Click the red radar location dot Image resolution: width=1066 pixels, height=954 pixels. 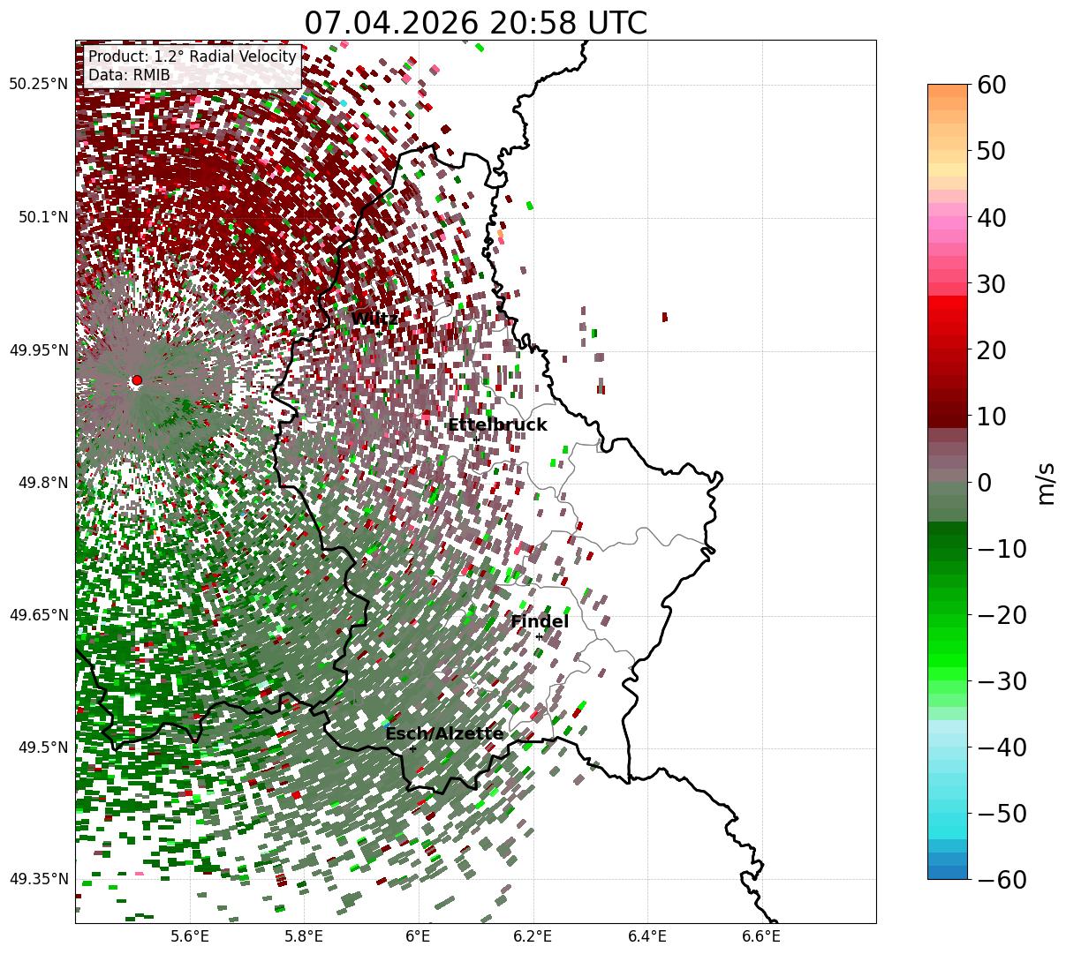click(x=137, y=380)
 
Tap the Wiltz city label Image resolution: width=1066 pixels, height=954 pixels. click(x=374, y=319)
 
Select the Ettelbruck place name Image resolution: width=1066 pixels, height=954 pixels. click(x=497, y=424)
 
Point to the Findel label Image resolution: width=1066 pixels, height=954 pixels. click(x=540, y=621)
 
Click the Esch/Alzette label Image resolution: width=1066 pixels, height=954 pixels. click(x=444, y=733)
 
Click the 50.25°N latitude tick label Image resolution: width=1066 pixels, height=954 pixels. click(x=38, y=84)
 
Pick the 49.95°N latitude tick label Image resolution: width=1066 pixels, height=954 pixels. click(x=38, y=349)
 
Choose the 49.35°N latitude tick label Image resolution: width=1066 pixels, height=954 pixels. click(x=38, y=879)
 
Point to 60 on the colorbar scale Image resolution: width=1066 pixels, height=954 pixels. click(x=991, y=86)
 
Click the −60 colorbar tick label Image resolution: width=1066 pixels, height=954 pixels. click(x=1002, y=880)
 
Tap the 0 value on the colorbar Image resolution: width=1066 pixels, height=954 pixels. click(x=985, y=483)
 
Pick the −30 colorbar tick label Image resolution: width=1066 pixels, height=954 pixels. click(x=1002, y=681)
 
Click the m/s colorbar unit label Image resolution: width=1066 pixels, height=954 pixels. click(x=1046, y=484)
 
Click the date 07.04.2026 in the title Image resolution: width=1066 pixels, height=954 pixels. click(x=391, y=23)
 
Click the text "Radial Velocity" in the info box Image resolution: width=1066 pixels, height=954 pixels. click(x=243, y=56)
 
